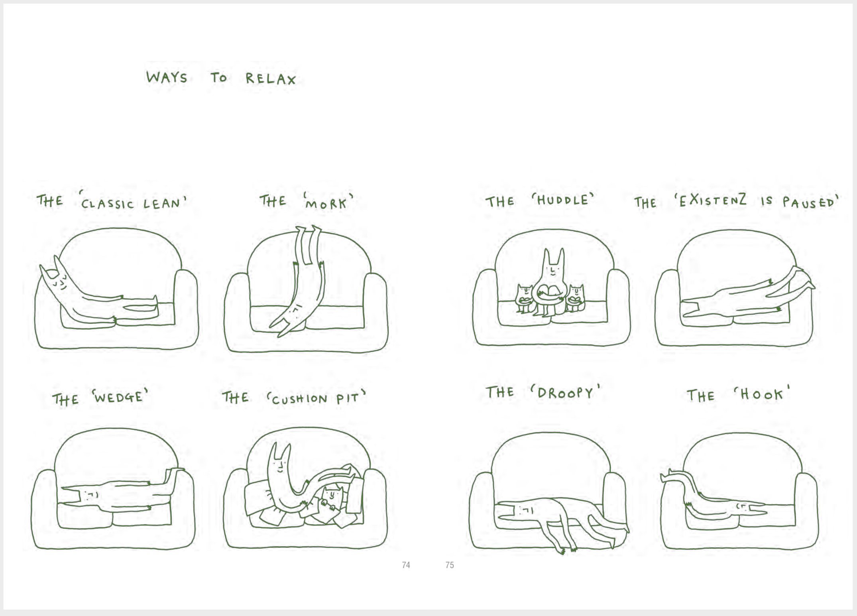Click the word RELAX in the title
pos(271,79)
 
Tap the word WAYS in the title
pos(167,77)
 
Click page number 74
pos(406,565)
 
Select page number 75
pos(450,565)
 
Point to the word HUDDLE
pos(562,199)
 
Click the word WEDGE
pos(118,397)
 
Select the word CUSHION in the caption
pos(299,399)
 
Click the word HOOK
pos(761,394)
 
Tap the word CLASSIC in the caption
pos(108,204)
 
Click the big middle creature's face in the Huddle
pos(552,271)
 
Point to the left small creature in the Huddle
pos(524,299)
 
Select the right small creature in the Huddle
pos(575,298)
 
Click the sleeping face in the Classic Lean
pos(60,282)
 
